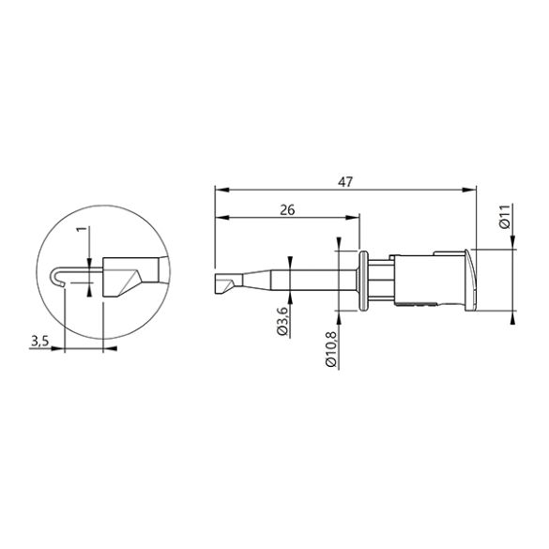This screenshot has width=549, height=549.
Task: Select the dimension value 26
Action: [x=288, y=211]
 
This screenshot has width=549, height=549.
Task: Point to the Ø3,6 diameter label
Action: [x=282, y=322]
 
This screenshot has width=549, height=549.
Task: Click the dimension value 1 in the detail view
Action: [x=82, y=231]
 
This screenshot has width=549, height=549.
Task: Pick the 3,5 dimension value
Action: [x=39, y=343]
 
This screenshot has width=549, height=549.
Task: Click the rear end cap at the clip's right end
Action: [x=469, y=279]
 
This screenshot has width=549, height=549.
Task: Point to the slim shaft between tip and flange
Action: [x=300, y=280]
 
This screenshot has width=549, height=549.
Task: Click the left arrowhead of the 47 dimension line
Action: [x=218, y=191]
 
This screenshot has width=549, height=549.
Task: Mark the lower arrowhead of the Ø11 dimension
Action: [x=512, y=314]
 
